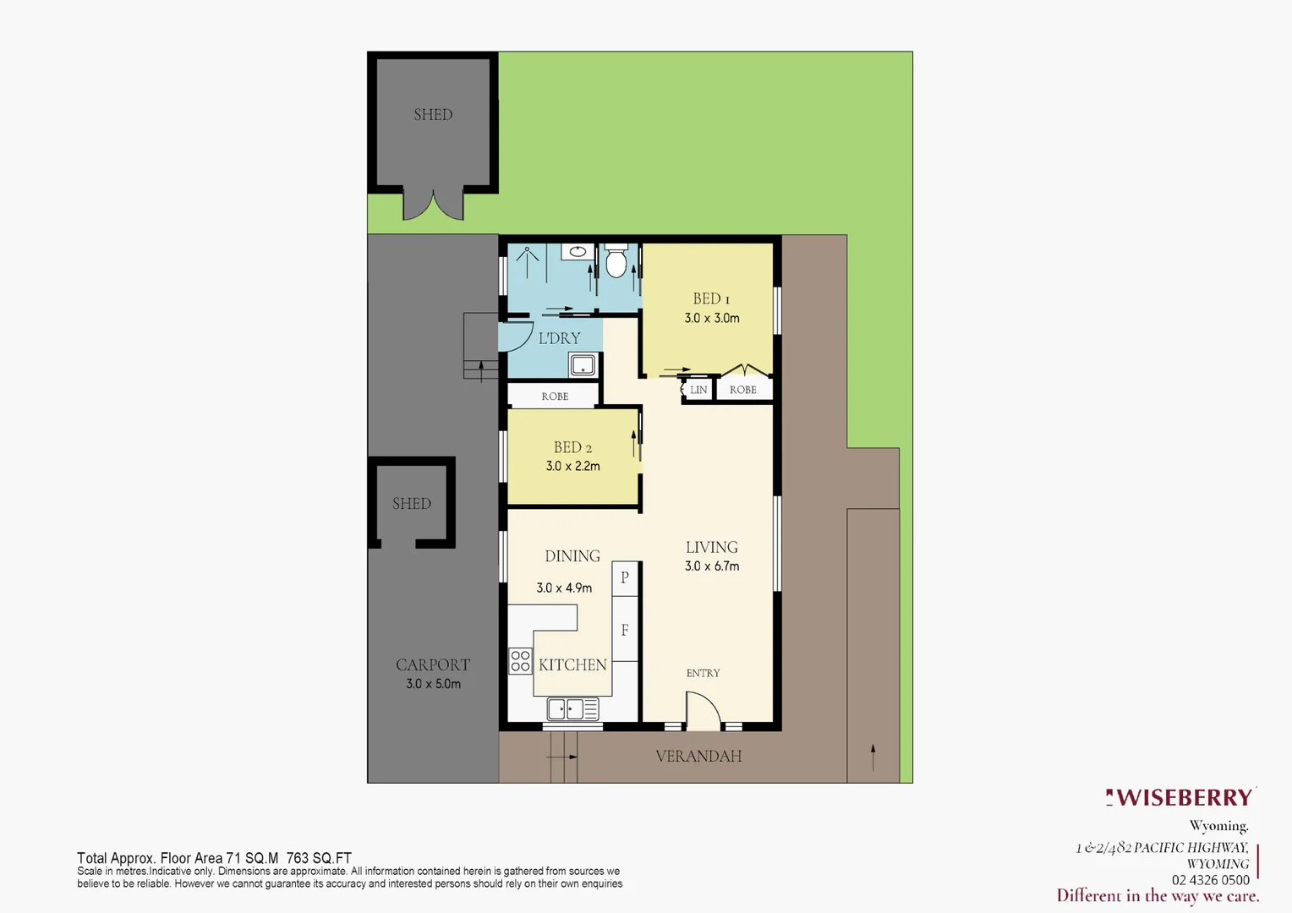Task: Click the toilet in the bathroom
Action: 616,263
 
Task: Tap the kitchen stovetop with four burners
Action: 520,661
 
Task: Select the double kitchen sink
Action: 573,708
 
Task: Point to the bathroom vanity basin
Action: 578,251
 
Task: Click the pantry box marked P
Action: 625,578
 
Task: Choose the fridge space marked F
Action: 625,630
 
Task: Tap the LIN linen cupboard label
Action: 698,390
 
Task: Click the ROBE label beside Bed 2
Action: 555,396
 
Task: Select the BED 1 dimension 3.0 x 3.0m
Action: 712,318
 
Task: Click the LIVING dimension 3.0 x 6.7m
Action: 712,566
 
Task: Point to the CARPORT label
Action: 433,665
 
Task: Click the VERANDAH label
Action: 698,757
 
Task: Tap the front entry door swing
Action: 703,710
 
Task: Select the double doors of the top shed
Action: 433,205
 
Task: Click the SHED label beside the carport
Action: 412,504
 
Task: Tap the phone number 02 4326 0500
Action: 1210,880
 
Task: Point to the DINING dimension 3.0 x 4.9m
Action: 564,588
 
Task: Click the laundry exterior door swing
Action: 516,336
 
